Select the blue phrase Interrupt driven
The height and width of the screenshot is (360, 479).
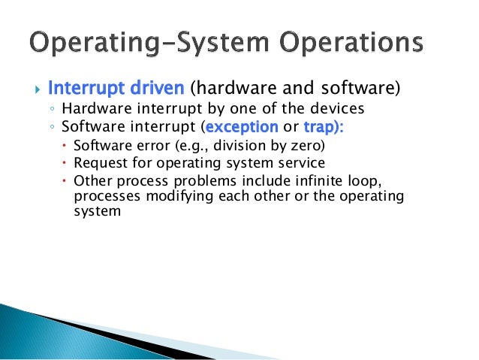coord(116,89)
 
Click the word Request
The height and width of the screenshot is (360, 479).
coord(98,163)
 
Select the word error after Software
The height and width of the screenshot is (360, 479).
coord(144,145)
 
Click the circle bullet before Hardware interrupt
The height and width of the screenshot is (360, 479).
coord(54,109)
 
